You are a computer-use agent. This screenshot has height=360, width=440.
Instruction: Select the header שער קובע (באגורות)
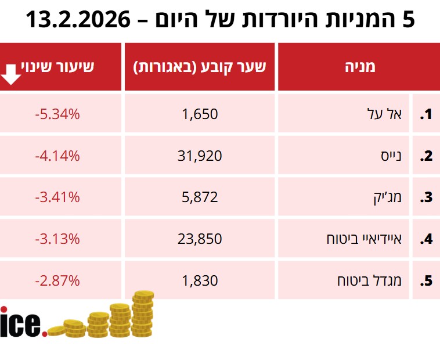tap(200, 66)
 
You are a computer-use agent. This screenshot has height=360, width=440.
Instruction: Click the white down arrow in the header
tap(12, 74)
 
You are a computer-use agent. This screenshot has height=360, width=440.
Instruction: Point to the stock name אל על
tap(389, 114)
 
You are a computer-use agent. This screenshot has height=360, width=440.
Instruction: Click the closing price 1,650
tap(200, 114)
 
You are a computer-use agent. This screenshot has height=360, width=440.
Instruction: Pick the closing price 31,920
tap(200, 156)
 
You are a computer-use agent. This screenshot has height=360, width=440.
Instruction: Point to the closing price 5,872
tap(200, 197)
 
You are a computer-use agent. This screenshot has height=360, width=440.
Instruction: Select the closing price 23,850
tap(200, 239)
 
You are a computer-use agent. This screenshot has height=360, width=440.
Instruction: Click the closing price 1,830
tap(200, 280)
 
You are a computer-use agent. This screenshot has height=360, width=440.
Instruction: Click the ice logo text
tap(22, 323)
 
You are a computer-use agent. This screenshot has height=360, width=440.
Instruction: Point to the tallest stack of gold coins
tap(142, 314)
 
